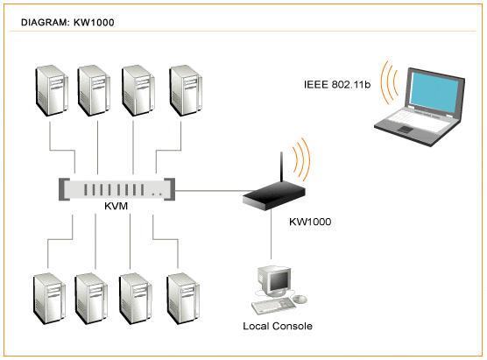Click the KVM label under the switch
tap(116, 206)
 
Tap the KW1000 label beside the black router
tap(310, 222)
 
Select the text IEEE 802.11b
tap(337, 84)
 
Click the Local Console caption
tap(278, 326)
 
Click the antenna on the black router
tap(281, 166)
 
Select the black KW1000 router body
tap(273, 195)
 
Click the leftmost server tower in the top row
tap(52, 90)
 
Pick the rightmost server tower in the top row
tap(186, 90)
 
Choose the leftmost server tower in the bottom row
tap(49, 299)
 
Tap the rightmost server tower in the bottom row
tap(183, 299)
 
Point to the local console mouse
tap(300, 299)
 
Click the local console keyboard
tap(273, 307)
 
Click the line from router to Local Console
tap(272, 235)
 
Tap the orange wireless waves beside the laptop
tap(390, 82)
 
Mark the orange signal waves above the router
tap(301, 159)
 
